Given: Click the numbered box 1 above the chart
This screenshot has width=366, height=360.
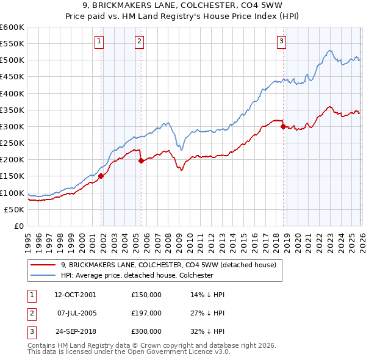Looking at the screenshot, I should (99, 41).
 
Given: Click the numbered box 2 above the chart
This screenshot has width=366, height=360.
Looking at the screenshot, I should (139, 41).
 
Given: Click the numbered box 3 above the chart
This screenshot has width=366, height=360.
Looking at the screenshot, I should (281, 41).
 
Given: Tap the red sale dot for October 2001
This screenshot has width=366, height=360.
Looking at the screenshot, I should (101, 176).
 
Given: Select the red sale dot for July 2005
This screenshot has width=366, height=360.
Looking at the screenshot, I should (142, 160).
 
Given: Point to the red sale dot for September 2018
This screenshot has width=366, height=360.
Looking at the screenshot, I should (283, 126).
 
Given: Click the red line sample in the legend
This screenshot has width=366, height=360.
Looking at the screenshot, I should (43, 265).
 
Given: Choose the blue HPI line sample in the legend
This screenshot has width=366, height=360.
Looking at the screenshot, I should (43, 275).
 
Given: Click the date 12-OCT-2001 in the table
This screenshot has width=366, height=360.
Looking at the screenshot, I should (75, 295).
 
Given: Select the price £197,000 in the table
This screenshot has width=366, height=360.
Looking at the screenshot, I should (146, 313).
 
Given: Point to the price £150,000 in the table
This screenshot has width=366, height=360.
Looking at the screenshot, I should (146, 295).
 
